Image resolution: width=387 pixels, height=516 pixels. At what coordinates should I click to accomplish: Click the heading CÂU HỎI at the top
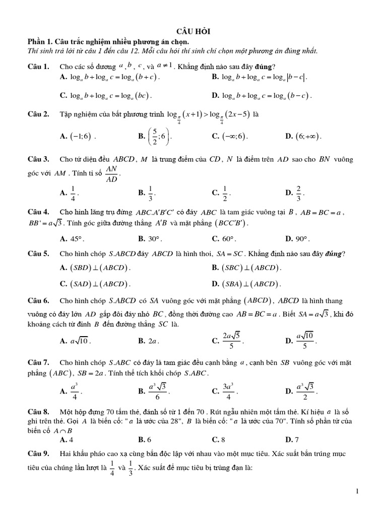[x=193, y=31]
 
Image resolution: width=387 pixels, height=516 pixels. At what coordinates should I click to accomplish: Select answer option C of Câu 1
[x=106, y=95]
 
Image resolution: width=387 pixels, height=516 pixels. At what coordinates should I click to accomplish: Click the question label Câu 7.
[x=38, y=362]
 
